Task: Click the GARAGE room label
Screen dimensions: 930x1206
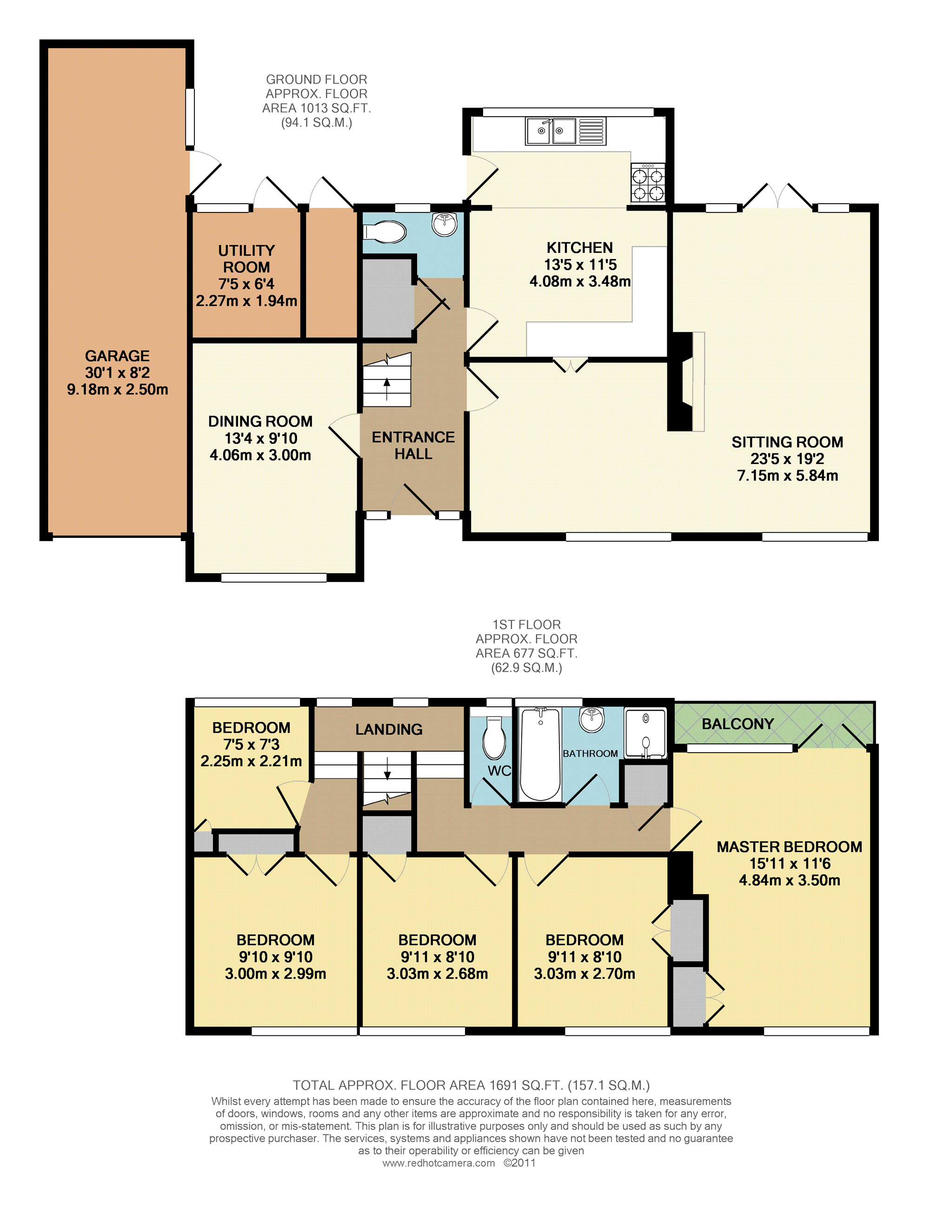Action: pos(117,356)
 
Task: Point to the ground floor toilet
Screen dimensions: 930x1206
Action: pos(385,232)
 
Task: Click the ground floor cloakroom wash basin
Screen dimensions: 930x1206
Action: pos(445,224)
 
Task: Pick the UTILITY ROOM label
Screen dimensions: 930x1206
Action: pos(246,259)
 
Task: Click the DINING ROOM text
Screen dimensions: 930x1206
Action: pos(260,421)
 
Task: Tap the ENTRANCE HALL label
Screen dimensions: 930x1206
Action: pos(413,445)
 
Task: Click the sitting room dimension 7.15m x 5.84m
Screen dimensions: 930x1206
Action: pos(788,476)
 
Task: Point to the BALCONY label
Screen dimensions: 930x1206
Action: pos(737,724)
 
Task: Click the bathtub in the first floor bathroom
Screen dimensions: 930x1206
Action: pos(541,754)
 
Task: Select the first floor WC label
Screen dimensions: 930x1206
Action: pos(499,771)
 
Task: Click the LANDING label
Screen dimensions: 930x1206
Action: pos(389,729)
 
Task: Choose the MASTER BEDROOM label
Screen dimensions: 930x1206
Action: pos(789,847)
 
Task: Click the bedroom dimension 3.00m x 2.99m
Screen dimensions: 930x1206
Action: pos(275,974)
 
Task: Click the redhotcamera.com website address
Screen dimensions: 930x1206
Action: pos(438,1163)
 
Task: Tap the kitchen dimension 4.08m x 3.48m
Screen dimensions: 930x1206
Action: pos(580,282)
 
